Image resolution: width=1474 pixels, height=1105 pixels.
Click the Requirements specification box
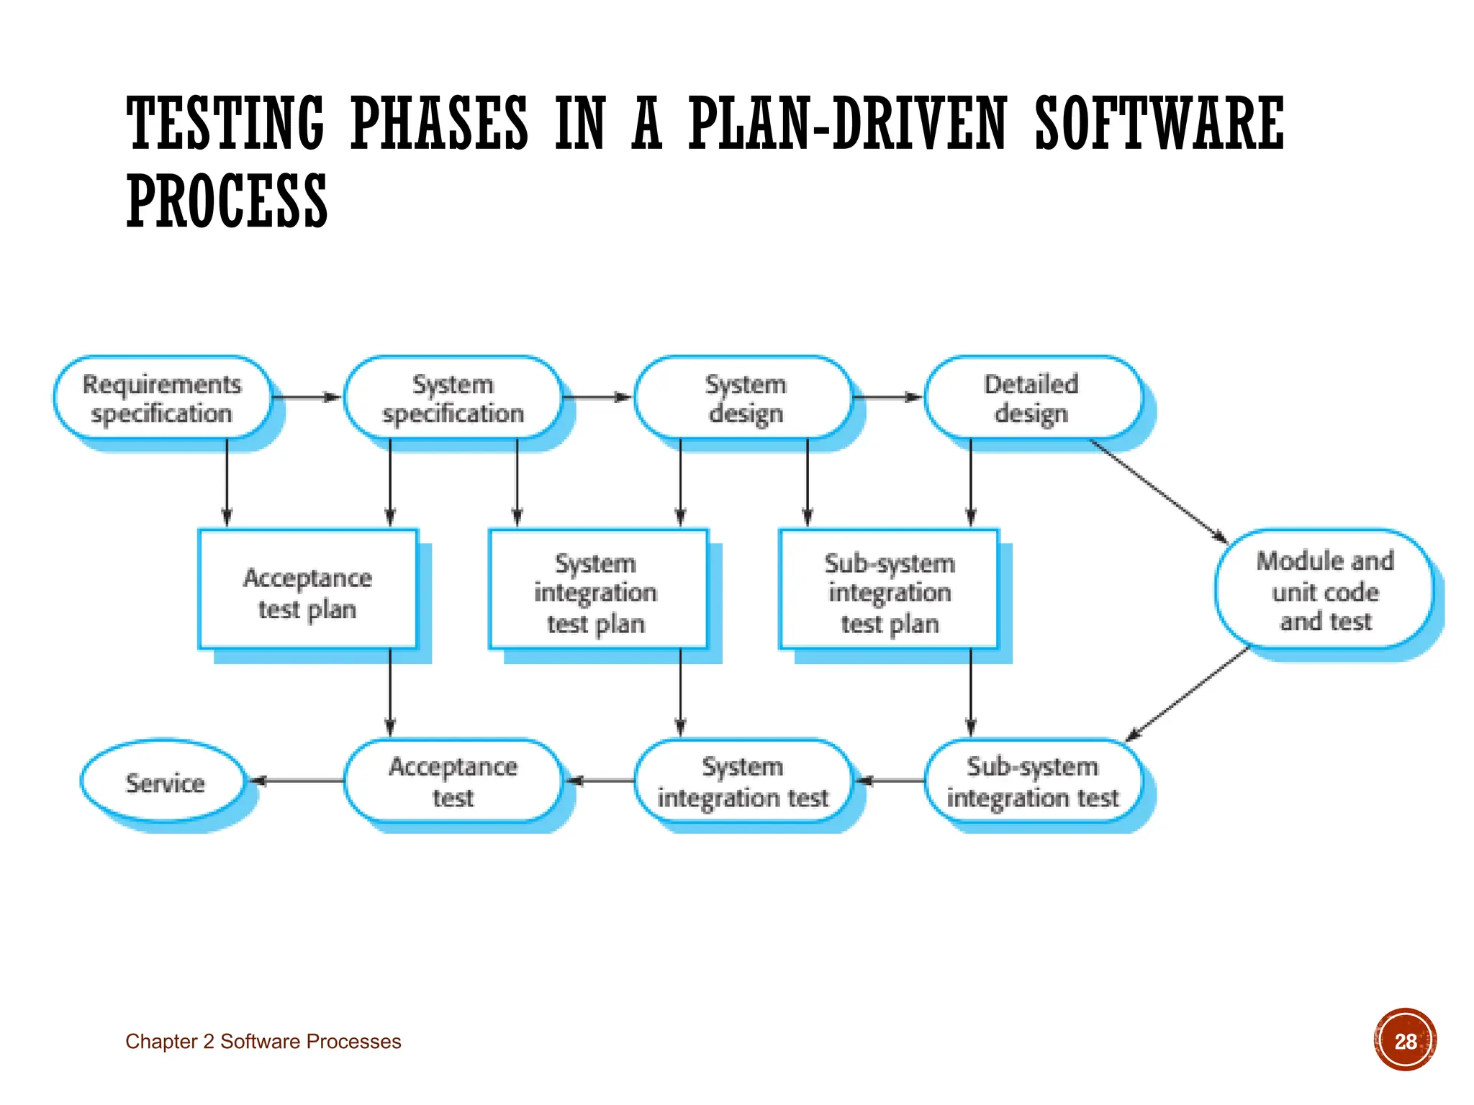(163, 398)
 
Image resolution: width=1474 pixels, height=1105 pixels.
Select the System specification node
(453, 398)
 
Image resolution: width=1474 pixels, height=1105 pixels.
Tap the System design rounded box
(743, 398)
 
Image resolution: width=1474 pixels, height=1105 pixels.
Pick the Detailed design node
(1033, 398)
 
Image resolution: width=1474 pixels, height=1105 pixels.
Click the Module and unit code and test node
(1324, 590)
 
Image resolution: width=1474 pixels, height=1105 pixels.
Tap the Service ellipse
(164, 781)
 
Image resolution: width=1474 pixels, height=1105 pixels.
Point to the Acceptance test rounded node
(453, 781)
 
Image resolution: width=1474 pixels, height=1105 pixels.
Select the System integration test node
(743, 781)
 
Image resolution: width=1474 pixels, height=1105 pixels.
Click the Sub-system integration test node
(1033, 781)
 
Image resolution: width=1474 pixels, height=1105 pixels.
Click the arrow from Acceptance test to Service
(297, 781)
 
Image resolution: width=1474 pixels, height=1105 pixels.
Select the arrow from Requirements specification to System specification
(306, 397)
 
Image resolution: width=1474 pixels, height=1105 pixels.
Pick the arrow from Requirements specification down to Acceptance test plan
(227, 482)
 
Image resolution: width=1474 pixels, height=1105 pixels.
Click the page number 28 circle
(1405, 1040)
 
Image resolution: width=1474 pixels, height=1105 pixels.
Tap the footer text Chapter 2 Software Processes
(263, 1042)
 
